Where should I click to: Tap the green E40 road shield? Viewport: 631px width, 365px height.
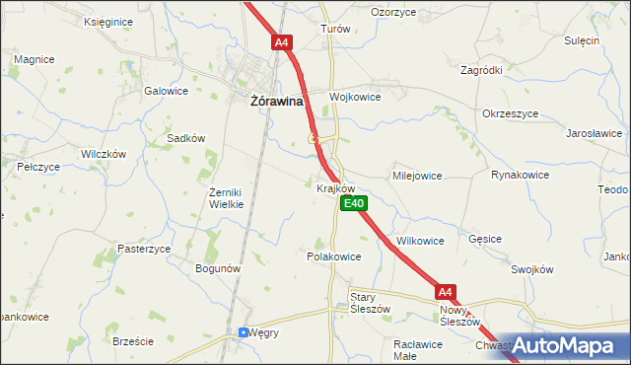(x=354, y=203)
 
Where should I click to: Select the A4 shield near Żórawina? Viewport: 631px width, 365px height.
(x=282, y=42)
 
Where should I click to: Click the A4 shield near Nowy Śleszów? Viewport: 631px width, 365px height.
(x=446, y=291)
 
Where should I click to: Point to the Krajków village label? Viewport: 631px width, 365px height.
(x=335, y=187)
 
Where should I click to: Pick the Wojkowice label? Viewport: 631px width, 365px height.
(x=355, y=97)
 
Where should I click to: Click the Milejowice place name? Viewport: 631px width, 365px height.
(x=417, y=175)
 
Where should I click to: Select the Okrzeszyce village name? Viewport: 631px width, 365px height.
(x=510, y=113)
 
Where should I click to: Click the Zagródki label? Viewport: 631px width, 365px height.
(x=482, y=71)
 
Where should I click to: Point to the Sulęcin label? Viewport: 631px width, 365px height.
(x=582, y=40)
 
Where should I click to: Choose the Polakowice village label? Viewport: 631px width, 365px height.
(x=334, y=255)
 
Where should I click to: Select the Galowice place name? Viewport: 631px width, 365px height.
(x=166, y=91)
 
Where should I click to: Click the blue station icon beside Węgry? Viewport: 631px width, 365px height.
(x=244, y=332)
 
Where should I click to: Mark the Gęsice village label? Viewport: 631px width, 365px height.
(x=486, y=239)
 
